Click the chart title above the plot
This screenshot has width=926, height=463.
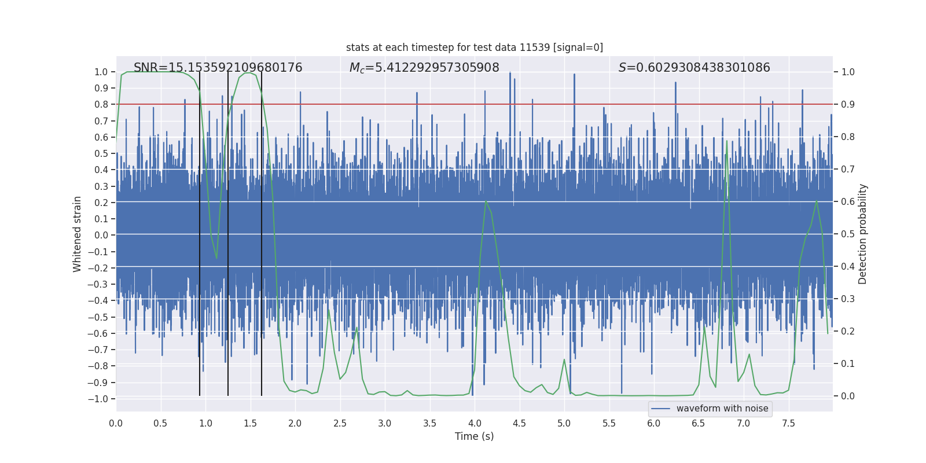click(474, 47)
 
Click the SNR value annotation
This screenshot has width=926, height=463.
click(218, 68)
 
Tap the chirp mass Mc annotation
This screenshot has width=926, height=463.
click(424, 68)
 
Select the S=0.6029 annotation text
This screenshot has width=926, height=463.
click(694, 68)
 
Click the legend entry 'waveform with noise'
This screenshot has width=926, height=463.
click(722, 409)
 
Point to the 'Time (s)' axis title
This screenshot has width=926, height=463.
click(474, 436)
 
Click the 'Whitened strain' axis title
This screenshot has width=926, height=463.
click(78, 234)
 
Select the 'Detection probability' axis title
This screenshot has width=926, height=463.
click(863, 234)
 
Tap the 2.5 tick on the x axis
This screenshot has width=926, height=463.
click(340, 423)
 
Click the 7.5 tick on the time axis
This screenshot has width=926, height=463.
click(788, 423)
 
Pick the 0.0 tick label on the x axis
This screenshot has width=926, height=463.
click(116, 423)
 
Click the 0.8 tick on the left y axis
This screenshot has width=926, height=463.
click(101, 105)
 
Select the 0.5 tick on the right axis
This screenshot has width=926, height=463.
click(848, 234)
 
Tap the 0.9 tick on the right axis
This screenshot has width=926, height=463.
click(848, 104)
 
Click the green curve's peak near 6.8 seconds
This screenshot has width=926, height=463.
click(727, 141)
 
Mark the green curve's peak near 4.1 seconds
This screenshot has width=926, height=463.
click(486, 201)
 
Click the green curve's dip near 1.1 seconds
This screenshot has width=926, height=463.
click(216, 258)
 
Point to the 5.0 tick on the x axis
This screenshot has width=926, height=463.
click(564, 423)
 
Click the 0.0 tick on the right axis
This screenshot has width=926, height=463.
click(848, 396)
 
